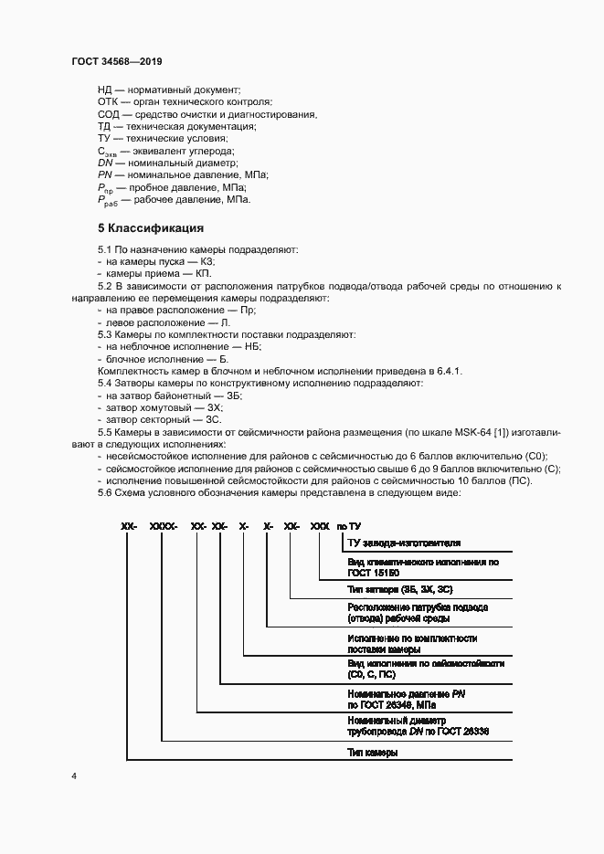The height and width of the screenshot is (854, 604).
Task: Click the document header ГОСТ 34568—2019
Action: pyautogui.click(x=116, y=61)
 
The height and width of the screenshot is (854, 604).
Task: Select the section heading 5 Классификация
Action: pyautogui.click(x=150, y=227)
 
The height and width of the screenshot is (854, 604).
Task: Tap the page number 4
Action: pyautogui.click(x=73, y=801)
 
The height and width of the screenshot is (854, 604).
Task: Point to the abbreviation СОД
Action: pyautogui.click(x=109, y=114)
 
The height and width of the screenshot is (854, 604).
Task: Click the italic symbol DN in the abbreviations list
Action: pyautogui.click(x=105, y=162)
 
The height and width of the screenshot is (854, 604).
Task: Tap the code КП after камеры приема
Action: pyautogui.click(x=204, y=273)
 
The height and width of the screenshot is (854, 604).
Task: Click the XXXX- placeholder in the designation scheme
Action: pyautogui.click(x=162, y=527)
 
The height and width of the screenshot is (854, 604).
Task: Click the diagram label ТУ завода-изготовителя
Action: pyautogui.click(x=398, y=542)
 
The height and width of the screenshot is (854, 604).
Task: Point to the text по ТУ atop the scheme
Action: pyautogui.click(x=349, y=527)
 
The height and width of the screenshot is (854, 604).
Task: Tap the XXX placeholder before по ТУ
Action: pyautogui.click(x=320, y=527)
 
